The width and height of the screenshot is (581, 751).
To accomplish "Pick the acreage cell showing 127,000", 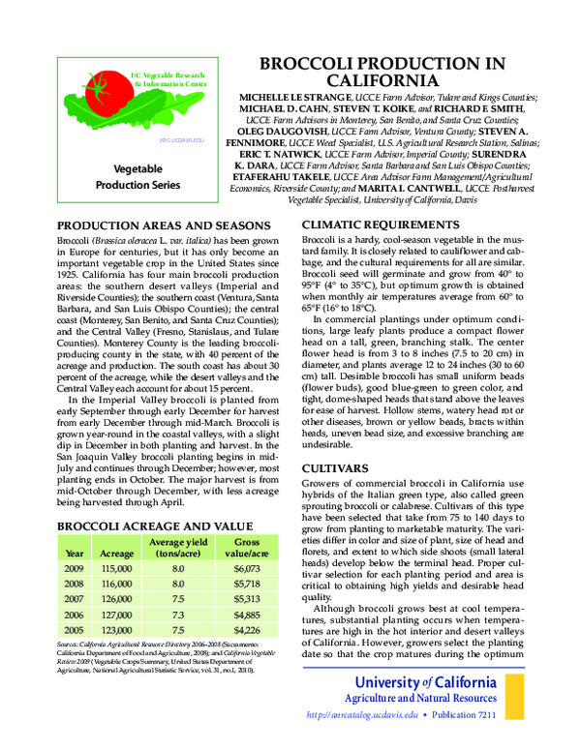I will click(117, 614).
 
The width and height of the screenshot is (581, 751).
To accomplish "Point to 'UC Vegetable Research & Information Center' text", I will click(168, 79).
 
